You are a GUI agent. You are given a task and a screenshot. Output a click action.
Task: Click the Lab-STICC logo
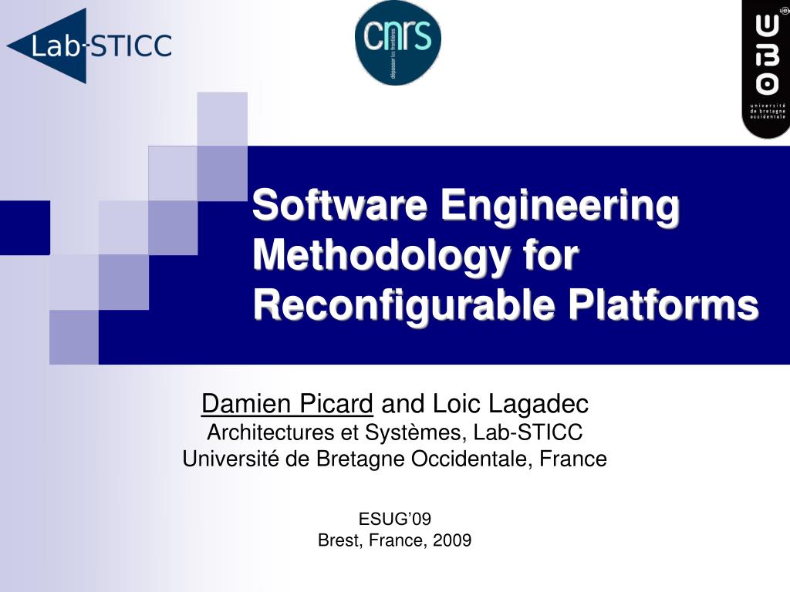tap(89, 45)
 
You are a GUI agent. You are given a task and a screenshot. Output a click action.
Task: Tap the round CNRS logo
tap(397, 42)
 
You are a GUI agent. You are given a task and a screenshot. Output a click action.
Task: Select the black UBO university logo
tap(765, 69)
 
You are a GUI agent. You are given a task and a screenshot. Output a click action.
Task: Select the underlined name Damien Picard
tap(287, 403)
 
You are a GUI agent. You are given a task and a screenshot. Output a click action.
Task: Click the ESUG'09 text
tap(394, 519)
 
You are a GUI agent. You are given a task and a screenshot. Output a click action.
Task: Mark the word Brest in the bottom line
tap(339, 540)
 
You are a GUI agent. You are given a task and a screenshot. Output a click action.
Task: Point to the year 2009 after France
tap(451, 540)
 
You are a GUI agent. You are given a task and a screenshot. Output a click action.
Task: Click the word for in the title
tap(549, 256)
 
